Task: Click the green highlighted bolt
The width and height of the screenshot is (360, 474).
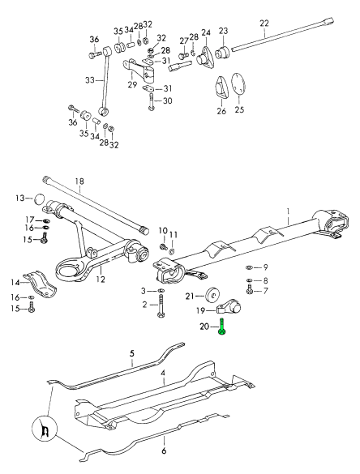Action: (221, 327)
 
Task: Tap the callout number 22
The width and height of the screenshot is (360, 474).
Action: (264, 23)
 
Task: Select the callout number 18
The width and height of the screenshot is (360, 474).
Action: (79, 181)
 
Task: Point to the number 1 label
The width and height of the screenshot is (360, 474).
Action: (289, 210)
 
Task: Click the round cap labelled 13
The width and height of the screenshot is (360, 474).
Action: (38, 199)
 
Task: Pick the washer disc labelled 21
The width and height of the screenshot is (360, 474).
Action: (212, 295)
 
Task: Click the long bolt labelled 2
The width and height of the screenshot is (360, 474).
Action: (161, 306)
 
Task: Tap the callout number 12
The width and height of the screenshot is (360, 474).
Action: (101, 279)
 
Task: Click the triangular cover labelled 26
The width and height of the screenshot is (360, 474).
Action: (221, 87)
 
